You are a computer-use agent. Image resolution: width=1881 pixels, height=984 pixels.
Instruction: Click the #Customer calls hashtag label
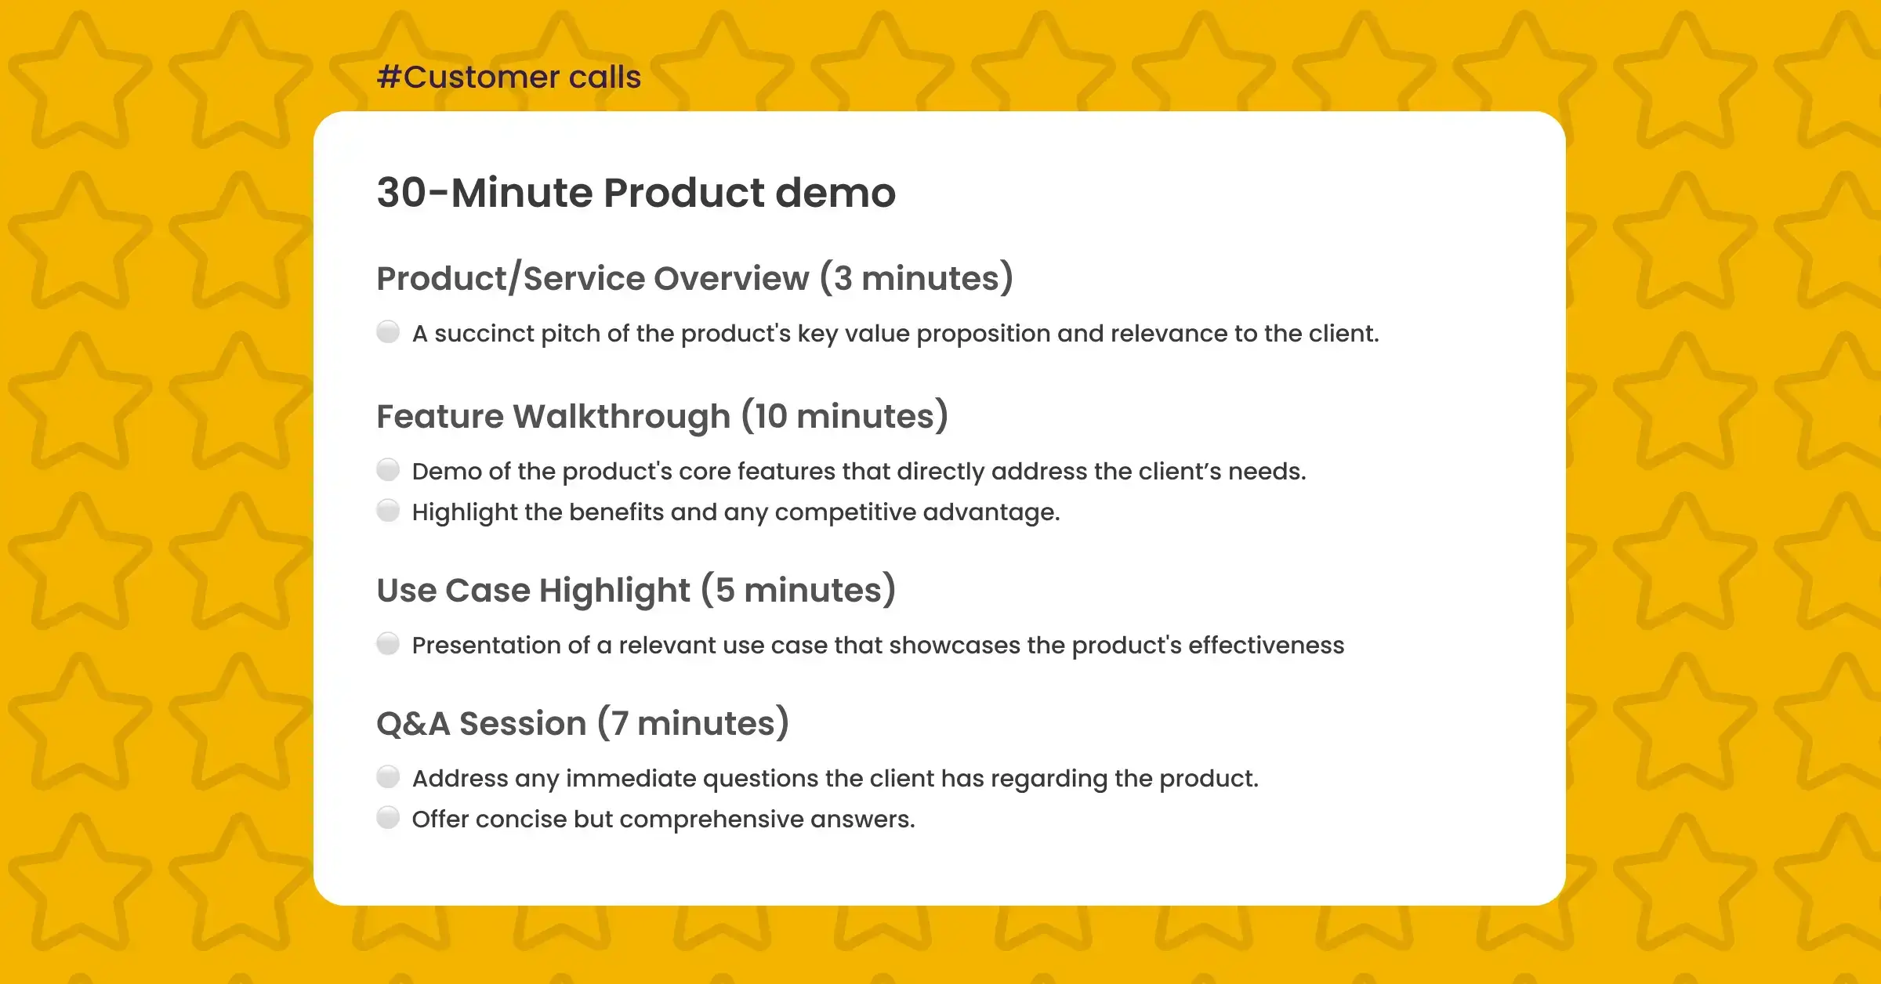(x=509, y=77)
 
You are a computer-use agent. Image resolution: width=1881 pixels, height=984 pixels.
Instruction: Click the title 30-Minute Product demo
(x=636, y=193)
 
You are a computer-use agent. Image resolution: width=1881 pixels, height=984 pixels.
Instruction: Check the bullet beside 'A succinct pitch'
(x=388, y=332)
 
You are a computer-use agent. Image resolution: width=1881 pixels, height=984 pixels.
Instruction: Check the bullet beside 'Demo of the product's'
(x=388, y=470)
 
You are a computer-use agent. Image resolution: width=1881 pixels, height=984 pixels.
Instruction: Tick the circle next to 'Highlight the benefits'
(x=388, y=511)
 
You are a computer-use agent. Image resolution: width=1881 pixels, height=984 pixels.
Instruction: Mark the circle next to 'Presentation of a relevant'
(x=388, y=644)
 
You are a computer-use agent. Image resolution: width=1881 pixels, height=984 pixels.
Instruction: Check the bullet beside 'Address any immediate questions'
(x=388, y=777)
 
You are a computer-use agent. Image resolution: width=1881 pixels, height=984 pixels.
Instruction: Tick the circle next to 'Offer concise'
(x=388, y=818)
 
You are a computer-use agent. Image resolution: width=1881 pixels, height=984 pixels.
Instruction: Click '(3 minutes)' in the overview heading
(x=916, y=279)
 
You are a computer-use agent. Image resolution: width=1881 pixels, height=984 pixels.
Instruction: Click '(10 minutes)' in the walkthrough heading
(x=844, y=417)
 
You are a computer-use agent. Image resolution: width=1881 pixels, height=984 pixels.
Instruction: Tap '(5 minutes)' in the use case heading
(x=798, y=591)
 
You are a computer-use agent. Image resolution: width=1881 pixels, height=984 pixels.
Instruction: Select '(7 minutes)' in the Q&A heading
(x=693, y=724)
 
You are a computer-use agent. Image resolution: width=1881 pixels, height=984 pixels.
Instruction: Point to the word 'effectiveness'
(x=1266, y=646)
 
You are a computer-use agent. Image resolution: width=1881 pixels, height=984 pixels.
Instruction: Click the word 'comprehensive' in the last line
(x=711, y=819)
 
